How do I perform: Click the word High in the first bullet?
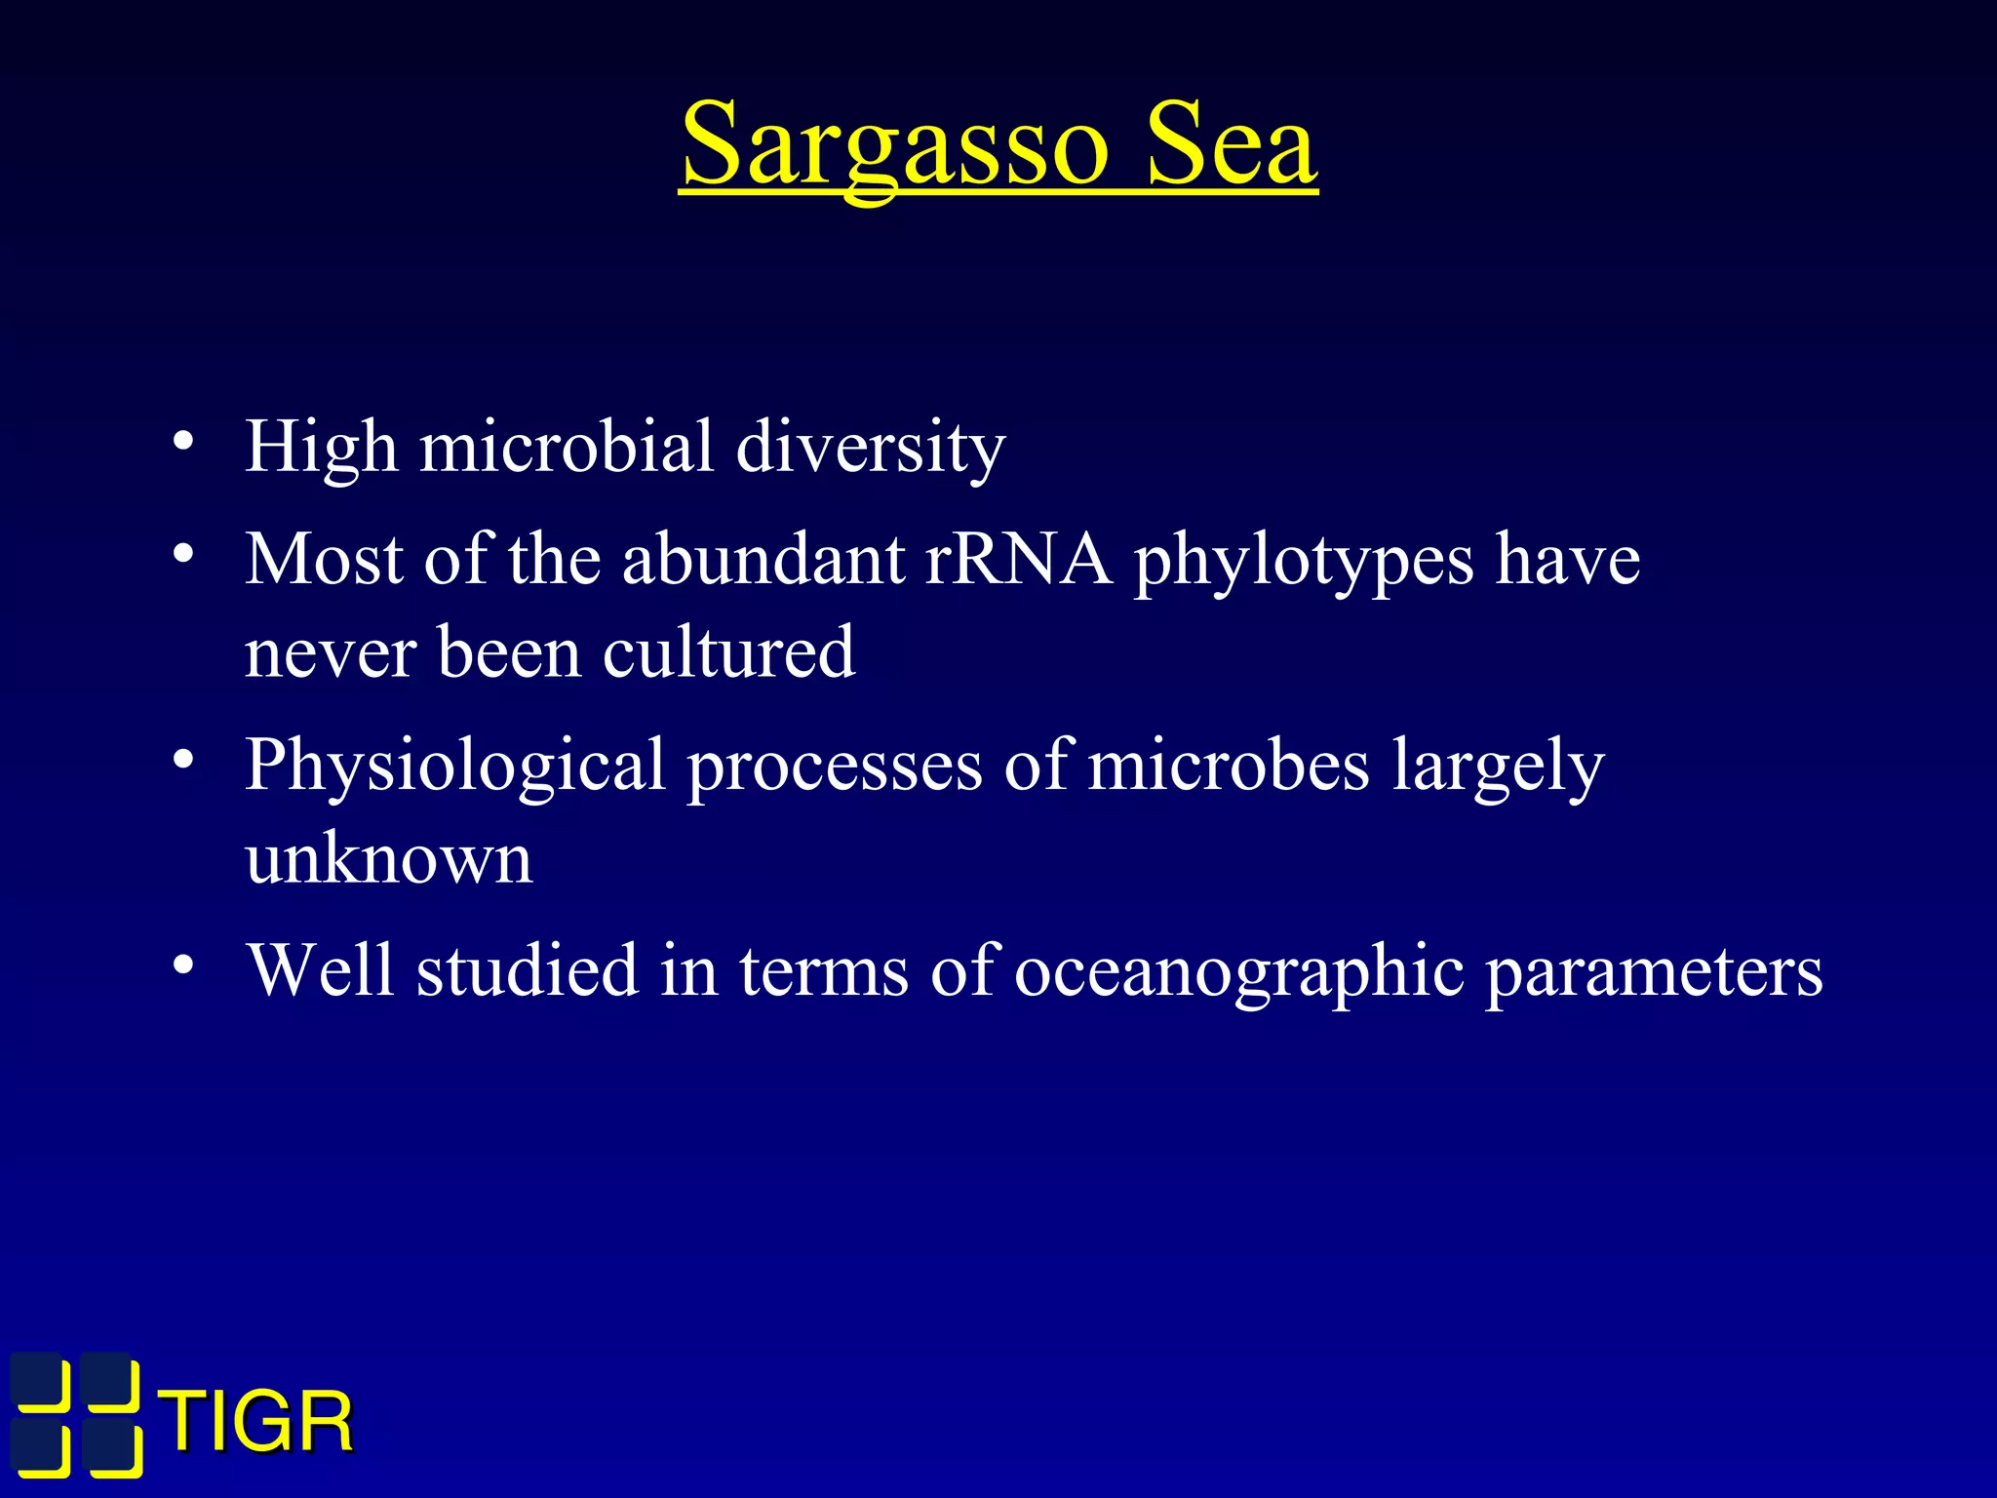[321, 447]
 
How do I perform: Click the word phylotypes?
[1304, 562]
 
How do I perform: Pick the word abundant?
[764, 560]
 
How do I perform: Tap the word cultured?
[728, 652]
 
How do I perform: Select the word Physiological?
[454, 767]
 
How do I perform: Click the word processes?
[835, 767]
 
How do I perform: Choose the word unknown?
[388, 859]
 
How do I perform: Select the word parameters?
[1654, 972]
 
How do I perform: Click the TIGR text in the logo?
[258, 1423]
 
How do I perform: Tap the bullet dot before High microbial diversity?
[182, 442]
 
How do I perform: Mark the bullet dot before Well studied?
[182, 966]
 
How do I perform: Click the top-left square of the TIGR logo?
[41, 1380]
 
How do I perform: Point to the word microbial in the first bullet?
[567, 447]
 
